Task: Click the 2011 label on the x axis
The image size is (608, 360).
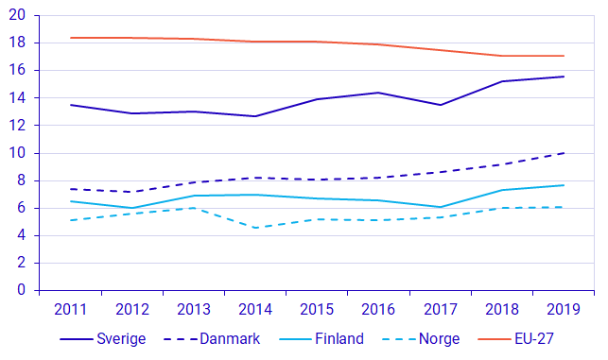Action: (72, 309)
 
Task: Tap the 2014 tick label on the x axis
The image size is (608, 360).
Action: (256, 309)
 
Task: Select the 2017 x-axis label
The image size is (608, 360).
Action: (441, 309)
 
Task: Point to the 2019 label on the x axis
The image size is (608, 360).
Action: (564, 309)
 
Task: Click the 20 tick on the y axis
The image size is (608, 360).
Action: (18, 15)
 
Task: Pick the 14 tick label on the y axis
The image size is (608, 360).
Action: (18, 97)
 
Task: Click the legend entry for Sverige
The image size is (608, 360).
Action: (119, 338)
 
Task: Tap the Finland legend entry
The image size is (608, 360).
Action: (338, 338)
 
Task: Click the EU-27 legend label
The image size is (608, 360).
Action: (535, 338)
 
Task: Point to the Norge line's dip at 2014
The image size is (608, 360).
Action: (256, 228)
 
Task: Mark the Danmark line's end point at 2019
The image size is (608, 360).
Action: (564, 153)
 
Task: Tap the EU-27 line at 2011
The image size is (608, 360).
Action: (72, 38)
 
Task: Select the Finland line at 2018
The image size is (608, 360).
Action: (502, 190)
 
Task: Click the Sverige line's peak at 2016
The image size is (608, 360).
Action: (379, 93)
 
